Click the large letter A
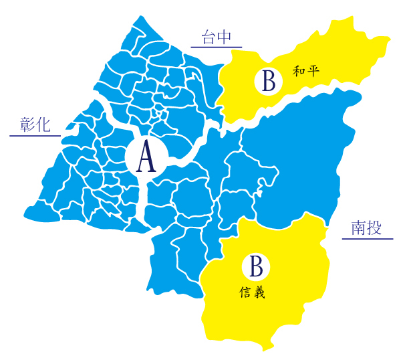click(146, 159)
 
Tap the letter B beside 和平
click(267, 82)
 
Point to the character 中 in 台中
click(225, 38)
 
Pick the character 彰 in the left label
click(28, 125)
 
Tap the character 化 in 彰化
click(44, 125)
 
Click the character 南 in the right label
click(358, 229)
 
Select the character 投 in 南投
click(375, 229)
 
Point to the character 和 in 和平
click(299, 70)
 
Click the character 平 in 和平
click(314, 70)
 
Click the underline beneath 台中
click(217, 48)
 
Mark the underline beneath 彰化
click(35, 135)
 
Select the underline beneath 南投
click(368, 238)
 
